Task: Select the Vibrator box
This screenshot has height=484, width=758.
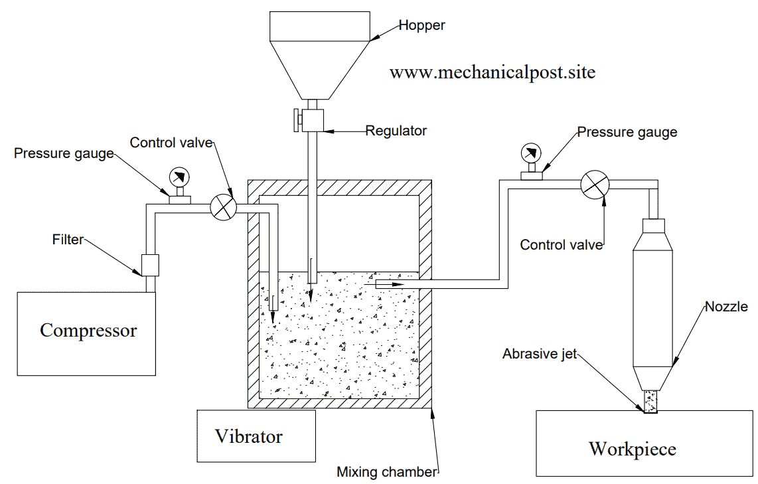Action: tap(256, 436)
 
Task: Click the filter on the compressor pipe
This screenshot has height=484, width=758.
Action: tap(150, 265)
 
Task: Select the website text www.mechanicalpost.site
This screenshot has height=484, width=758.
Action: tap(492, 72)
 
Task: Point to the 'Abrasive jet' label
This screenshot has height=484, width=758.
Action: tap(540, 354)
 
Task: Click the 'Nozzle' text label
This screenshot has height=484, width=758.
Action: tap(726, 306)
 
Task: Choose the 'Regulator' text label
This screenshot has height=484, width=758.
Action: tap(396, 131)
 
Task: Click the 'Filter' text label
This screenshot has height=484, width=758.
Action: tap(68, 239)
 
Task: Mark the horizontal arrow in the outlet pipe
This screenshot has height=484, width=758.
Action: tap(390, 284)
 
